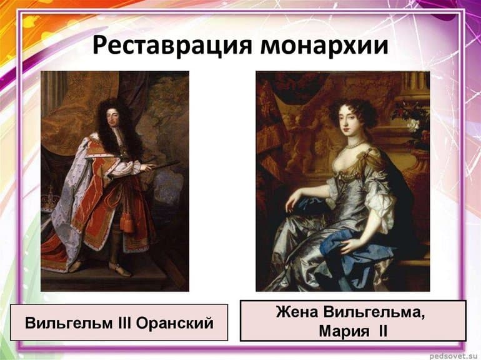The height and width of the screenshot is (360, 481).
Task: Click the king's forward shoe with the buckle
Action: pos(120,270)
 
